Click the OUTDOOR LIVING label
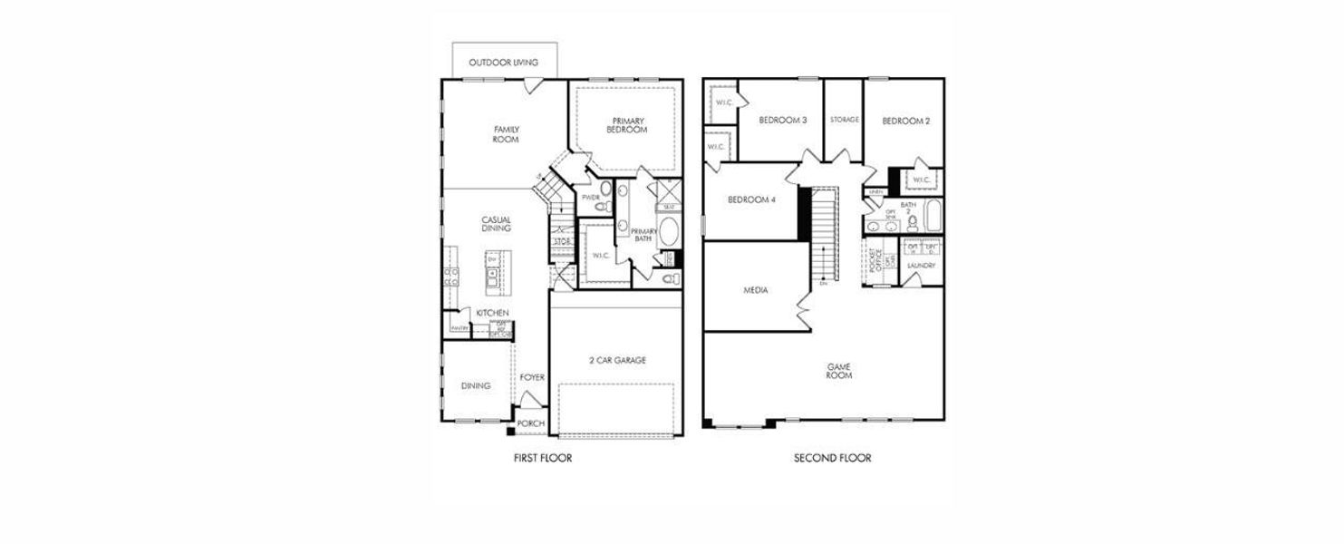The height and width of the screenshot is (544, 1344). (503, 63)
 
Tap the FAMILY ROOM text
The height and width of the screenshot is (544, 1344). (506, 134)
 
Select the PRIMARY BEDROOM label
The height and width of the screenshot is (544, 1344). (627, 125)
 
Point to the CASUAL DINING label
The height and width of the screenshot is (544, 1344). (496, 224)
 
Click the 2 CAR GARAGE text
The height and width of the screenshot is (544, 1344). (617, 360)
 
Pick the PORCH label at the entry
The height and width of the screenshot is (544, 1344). (531, 423)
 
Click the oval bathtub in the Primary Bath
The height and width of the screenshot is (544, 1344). (669, 231)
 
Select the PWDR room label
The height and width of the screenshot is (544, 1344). (591, 197)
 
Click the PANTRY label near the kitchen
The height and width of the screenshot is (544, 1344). (459, 327)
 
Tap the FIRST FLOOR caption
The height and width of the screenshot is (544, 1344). (542, 458)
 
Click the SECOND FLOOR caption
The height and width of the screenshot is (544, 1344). (832, 458)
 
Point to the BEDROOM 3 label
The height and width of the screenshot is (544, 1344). (782, 120)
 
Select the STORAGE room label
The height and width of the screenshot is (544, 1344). (844, 119)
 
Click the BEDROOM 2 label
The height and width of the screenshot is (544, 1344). (905, 121)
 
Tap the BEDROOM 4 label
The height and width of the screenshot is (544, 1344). (752, 200)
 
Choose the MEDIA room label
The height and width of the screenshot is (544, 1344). (756, 290)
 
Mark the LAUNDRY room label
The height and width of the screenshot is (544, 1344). (921, 266)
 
